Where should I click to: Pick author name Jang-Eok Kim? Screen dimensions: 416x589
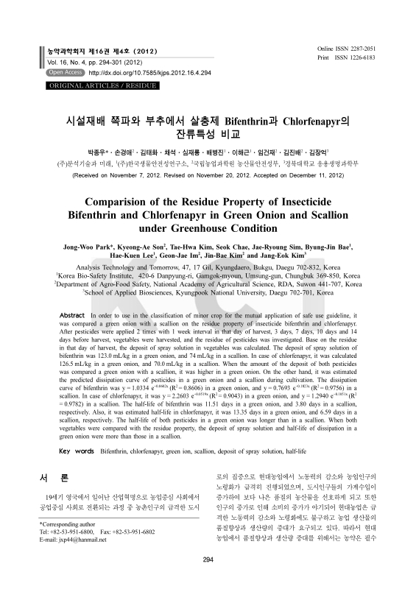pyautogui.click(x=290, y=260)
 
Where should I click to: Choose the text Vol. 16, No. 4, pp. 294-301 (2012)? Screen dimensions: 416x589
pyautogui.click(x=88, y=63)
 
